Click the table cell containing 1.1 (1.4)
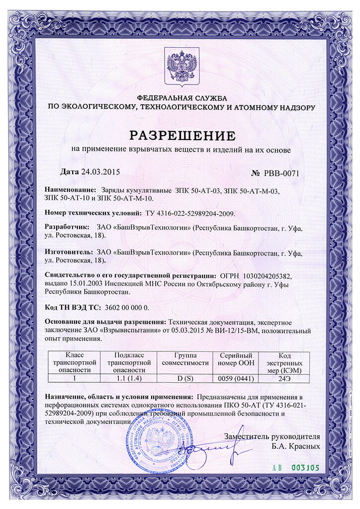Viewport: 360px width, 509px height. click(129, 378)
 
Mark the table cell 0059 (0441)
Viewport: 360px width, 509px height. click(235, 378)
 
